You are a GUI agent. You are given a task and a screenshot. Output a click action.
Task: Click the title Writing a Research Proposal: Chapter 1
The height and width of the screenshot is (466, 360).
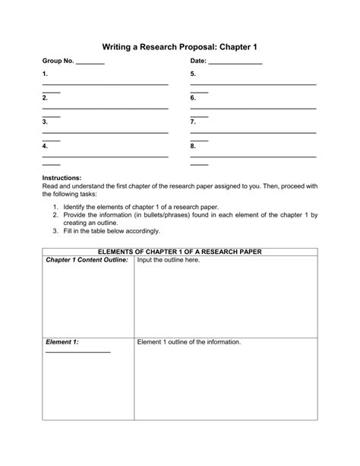click(x=179, y=46)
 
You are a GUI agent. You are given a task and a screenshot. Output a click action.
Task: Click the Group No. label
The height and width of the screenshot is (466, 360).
click(x=58, y=61)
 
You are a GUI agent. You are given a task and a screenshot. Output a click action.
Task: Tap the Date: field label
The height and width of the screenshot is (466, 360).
click(x=198, y=61)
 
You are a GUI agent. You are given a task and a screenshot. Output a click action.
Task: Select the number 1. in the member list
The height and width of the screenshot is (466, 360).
click(x=46, y=74)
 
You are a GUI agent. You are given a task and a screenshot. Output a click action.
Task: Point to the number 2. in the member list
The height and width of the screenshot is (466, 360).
click(x=46, y=98)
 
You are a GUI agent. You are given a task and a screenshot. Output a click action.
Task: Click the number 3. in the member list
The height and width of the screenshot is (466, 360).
click(x=46, y=122)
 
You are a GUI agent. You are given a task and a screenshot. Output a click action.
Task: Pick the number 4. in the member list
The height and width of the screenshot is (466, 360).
click(x=46, y=145)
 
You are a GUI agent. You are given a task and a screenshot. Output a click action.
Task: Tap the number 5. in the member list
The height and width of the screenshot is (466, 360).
click(x=193, y=74)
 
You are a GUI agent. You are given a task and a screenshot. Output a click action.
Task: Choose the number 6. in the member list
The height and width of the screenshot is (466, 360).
click(x=193, y=98)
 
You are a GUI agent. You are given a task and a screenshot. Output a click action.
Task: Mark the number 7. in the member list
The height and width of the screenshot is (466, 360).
click(x=193, y=122)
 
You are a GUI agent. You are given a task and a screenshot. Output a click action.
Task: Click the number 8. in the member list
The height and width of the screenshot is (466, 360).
click(x=193, y=145)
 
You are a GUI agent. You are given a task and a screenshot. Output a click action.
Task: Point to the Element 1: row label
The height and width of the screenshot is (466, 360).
click(x=62, y=342)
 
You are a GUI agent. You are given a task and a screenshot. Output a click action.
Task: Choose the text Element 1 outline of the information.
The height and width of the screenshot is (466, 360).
click(x=188, y=342)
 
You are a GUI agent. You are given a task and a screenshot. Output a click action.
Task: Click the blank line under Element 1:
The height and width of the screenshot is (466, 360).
click(x=77, y=352)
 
